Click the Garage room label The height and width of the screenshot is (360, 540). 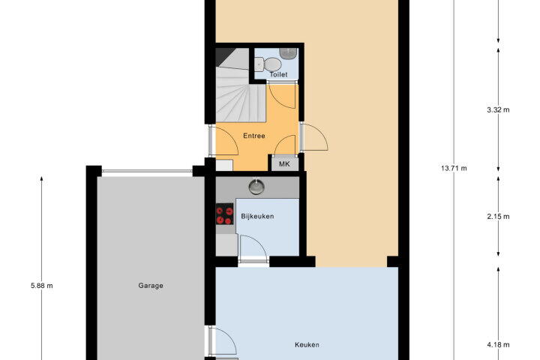[x=151, y=286]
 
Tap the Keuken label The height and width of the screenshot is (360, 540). [x=307, y=344]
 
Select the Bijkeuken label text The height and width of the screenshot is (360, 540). [x=257, y=216]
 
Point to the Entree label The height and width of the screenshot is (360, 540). [x=254, y=136]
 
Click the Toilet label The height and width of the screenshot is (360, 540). [x=278, y=74]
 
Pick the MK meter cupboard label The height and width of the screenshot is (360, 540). [x=284, y=164]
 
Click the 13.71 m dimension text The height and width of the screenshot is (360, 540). [x=454, y=169]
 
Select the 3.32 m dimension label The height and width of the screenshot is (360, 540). [x=498, y=110]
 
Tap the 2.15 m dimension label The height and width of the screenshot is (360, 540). [x=498, y=216]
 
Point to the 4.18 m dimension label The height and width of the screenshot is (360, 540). [x=498, y=344]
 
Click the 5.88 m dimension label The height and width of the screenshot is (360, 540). [x=42, y=286]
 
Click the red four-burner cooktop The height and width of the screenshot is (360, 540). [x=224, y=214]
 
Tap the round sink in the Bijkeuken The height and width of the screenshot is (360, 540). [x=256, y=187]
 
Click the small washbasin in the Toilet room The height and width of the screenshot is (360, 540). [x=288, y=53]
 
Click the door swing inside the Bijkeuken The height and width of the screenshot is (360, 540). [x=253, y=246]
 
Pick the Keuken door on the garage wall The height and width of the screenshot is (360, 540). [x=223, y=341]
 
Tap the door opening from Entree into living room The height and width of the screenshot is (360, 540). [x=314, y=137]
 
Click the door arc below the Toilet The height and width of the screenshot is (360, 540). [x=282, y=96]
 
